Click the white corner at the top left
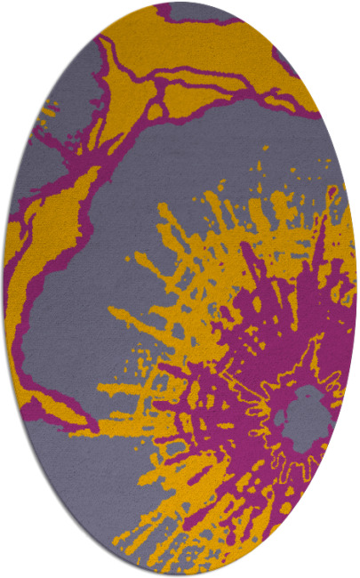[13, 13]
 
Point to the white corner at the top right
[347, 13]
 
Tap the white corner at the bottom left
[13, 565]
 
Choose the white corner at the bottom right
[347, 565]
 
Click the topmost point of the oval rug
[180, 3]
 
